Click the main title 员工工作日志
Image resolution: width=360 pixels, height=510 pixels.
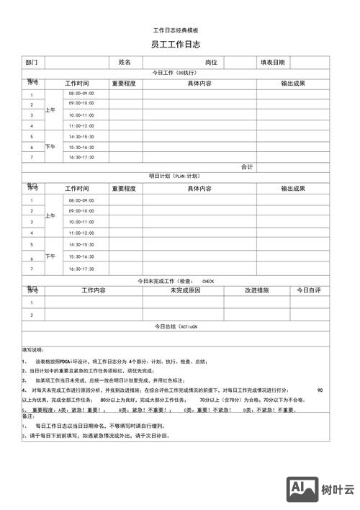[x=176, y=45]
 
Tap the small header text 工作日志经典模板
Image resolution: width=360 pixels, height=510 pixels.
[x=176, y=30]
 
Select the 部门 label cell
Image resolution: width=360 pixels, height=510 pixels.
[x=31, y=63]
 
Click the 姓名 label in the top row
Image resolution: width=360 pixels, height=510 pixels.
[x=125, y=63]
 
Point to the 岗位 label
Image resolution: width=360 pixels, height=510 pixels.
[x=211, y=63]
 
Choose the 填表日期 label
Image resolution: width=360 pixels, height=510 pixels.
[x=273, y=63]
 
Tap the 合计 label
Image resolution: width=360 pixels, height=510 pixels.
[x=247, y=167]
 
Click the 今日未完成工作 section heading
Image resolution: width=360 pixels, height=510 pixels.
[x=176, y=281]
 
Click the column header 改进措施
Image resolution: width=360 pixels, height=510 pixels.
[x=256, y=290]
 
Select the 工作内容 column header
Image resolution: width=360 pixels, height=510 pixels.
[x=94, y=290]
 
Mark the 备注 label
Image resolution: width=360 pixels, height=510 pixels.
[x=28, y=416]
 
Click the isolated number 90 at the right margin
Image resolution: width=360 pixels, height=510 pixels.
[x=320, y=390]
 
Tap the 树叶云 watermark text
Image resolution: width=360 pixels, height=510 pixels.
[x=338, y=490]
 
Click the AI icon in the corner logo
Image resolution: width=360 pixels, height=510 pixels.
[x=302, y=490]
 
